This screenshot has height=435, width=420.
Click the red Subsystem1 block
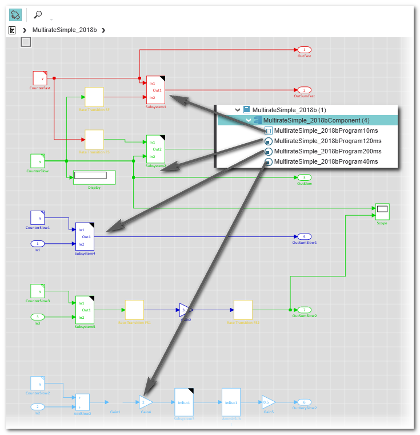coord(155,90)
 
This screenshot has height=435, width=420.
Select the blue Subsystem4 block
coord(84,236)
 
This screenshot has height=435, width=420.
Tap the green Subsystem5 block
coord(84,310)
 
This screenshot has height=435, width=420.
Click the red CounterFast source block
coord(39,78)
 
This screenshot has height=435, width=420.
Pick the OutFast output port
coord(304,50)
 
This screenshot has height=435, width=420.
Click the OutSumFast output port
coord(304,90)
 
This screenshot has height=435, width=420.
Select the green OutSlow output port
coord(304,177)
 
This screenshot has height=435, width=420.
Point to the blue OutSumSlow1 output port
coord(304,236)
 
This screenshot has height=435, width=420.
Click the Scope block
coord(382,211)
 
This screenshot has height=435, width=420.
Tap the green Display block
coord(94,177)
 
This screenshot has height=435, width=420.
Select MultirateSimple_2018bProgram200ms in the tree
coord(327,151)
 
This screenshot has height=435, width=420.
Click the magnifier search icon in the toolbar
coord(38,15)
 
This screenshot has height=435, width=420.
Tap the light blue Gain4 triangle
coord(145,402)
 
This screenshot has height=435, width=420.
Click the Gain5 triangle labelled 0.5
coord(267,402)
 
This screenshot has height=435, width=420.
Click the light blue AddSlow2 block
coord(83,402)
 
